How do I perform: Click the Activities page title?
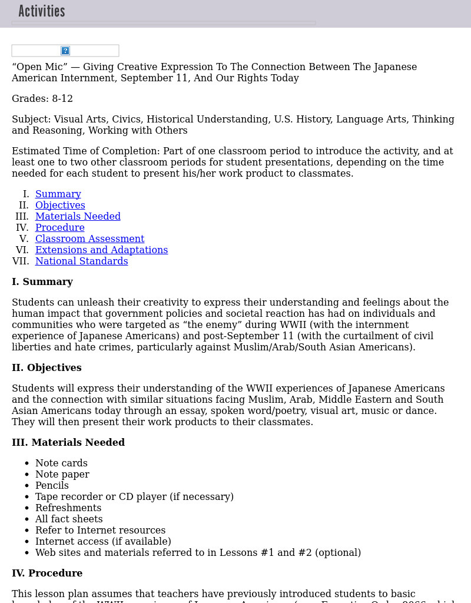pos(42,11)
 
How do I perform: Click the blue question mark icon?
pos(65,51)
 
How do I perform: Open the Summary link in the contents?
pos(58,194)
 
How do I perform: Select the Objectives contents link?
pos(60,206)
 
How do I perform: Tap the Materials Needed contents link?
pos(78,217)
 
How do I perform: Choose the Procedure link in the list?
pos(59,228)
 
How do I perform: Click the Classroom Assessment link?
pos(89,239)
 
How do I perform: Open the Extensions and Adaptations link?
pos(101,250)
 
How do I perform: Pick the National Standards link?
pos(81,261)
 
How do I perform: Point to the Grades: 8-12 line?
pos(42,99)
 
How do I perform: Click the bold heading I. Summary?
pos(42,282)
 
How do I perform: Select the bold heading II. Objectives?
pos(47,368)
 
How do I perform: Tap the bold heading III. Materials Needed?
pos(68,443)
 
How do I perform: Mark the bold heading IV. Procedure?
pos(47,574)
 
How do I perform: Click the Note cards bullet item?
pos(61,463)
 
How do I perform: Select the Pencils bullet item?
pos(52,486)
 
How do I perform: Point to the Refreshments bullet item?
pos(68,508)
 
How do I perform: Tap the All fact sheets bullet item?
pos(69,519)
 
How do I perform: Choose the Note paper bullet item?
pos(62,475)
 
